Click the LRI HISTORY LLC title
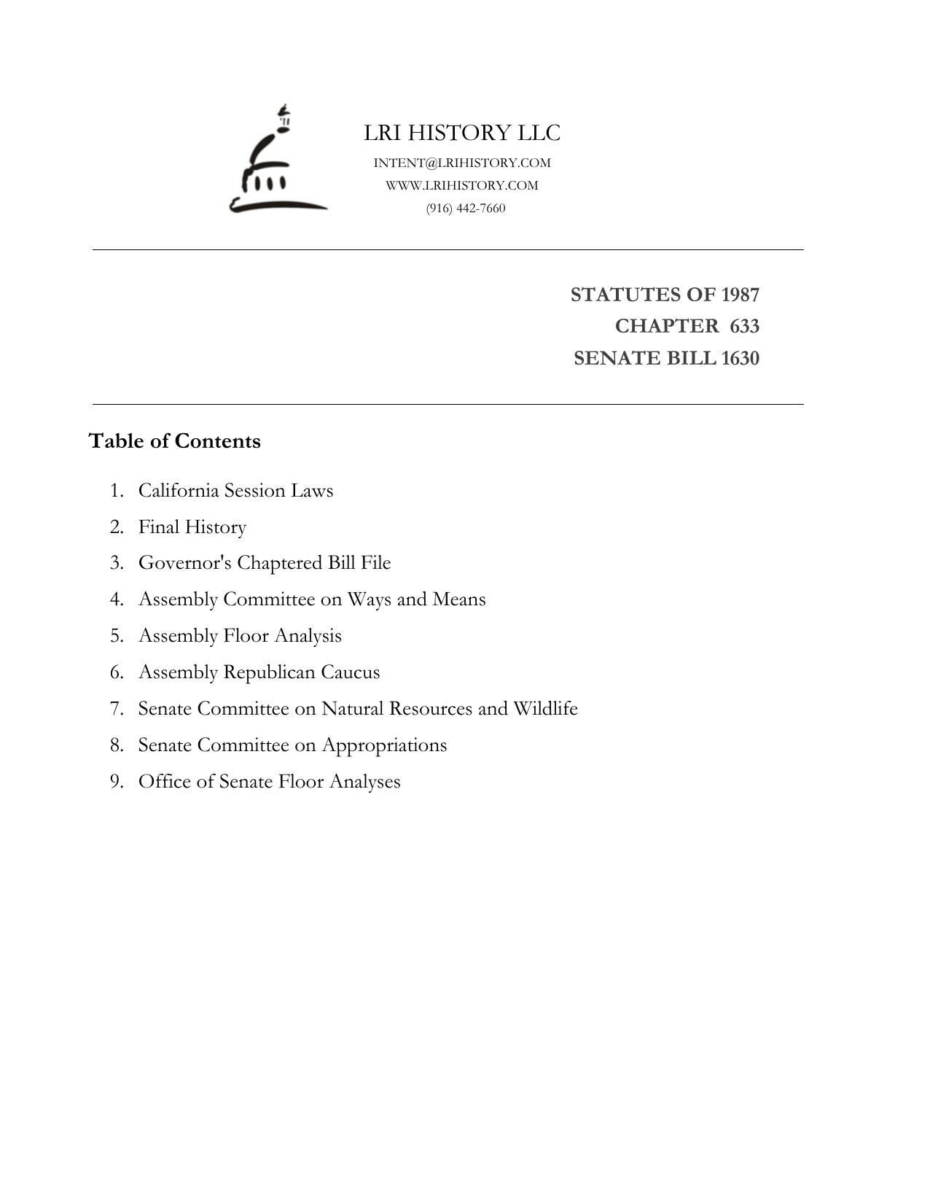coord(462,133)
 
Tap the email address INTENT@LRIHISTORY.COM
coord(462,163)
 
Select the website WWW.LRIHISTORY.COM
coord(462,185)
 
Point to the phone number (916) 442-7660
coord(466,209)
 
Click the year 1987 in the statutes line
coord(740,295)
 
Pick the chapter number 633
coord(744,326)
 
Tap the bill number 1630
coord(740,359)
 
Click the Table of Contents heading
coord(174,441)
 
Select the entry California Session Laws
coord(235,491)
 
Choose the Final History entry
coord(192,527)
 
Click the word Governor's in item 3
coord(184,563)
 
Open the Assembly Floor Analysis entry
coord(240,636)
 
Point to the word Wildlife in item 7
coord(545,709)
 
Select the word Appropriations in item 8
coord(384,745)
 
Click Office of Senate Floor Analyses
coord(269,782)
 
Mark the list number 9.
coord(116,782)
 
